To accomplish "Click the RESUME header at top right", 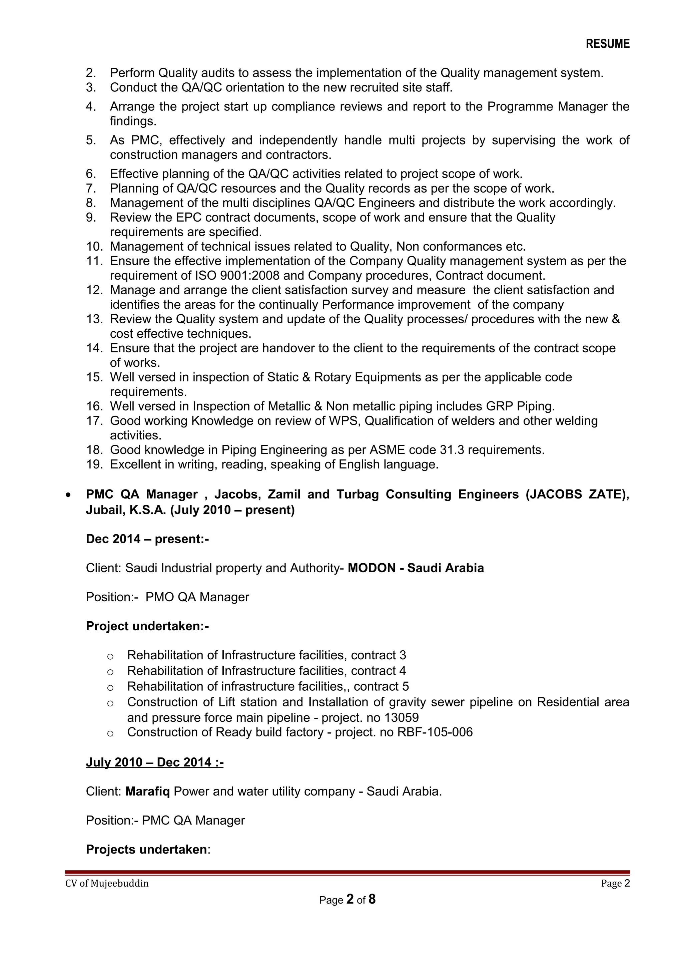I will tap(607, 44).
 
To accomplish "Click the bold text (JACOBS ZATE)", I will tap(577, 494).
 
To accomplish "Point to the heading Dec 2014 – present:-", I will tap(147, 539).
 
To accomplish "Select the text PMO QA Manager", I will tap(197, 597).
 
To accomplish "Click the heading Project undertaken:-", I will tap(147, 626).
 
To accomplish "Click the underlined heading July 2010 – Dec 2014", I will tap(154, 762).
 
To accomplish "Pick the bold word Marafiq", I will tap(147, 791).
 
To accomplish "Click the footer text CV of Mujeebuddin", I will tap(107, 884).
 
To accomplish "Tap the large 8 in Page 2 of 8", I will tap(372, 900).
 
